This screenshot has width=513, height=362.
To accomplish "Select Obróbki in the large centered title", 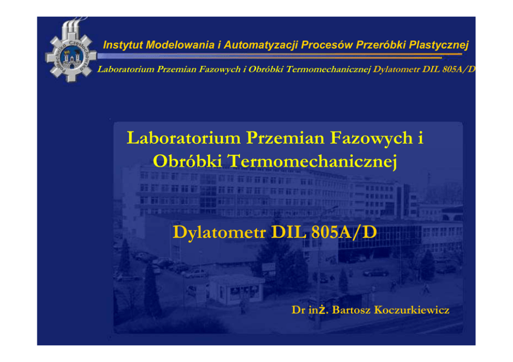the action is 188,161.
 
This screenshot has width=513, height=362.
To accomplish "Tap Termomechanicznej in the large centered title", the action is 312,162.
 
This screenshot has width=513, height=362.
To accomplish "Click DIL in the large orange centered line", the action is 289,232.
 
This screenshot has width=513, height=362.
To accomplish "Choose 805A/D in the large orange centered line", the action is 344,232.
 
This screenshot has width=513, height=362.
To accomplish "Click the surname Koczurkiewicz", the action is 412,310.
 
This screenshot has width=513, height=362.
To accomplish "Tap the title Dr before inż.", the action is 298,310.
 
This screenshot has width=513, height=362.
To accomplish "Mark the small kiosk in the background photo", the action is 236,289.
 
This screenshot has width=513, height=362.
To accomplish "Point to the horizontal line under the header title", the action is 280,56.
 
